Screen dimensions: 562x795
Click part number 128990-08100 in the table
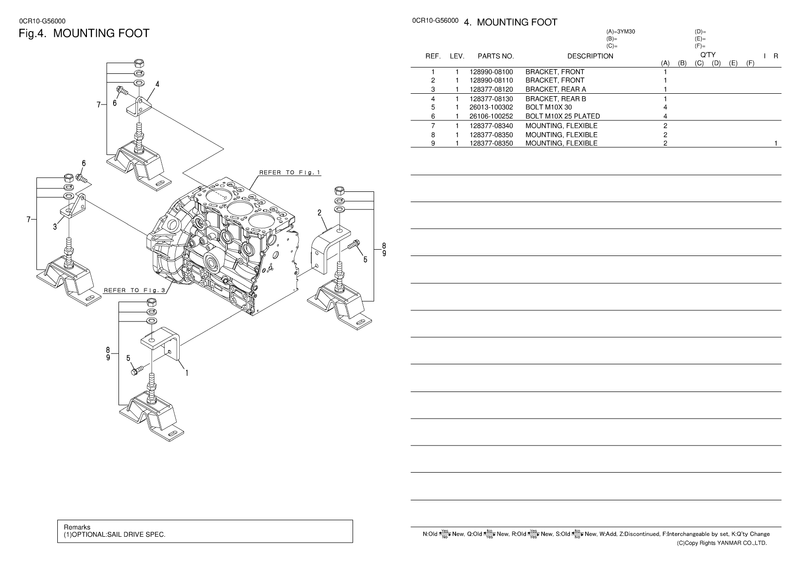[x=491, y=72]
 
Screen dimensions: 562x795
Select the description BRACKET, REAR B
[x=556, y=99]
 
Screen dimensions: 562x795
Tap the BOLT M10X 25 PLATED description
[x=562, y=116]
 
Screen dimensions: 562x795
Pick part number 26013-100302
[x=491, y=107]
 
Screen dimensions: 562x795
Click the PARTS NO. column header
[x=495, y=56]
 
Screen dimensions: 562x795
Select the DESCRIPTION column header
[x=590, y=56]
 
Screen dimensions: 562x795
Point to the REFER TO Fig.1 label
[x=289, y=172]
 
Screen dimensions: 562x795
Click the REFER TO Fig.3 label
[x=135, y=290]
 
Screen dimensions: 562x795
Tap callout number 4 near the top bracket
[x=157, y=84]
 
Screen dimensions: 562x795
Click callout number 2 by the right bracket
[x=320, y=213]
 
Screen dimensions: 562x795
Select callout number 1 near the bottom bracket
[x=186, y=373]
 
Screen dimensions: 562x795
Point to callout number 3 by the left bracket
[x=55, y=226]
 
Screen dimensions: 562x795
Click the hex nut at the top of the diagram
[x=138, y=63]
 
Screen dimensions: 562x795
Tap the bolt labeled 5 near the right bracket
[x=354, y=245]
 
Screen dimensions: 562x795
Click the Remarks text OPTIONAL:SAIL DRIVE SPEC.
[x=115, y=534]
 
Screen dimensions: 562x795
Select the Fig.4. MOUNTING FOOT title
[x=84, y=34]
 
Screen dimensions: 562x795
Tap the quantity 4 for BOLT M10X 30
[x=665, y=107]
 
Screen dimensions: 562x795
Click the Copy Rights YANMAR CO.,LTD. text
[x=722, y=543]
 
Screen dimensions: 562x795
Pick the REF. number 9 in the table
[x=433, y=143]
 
